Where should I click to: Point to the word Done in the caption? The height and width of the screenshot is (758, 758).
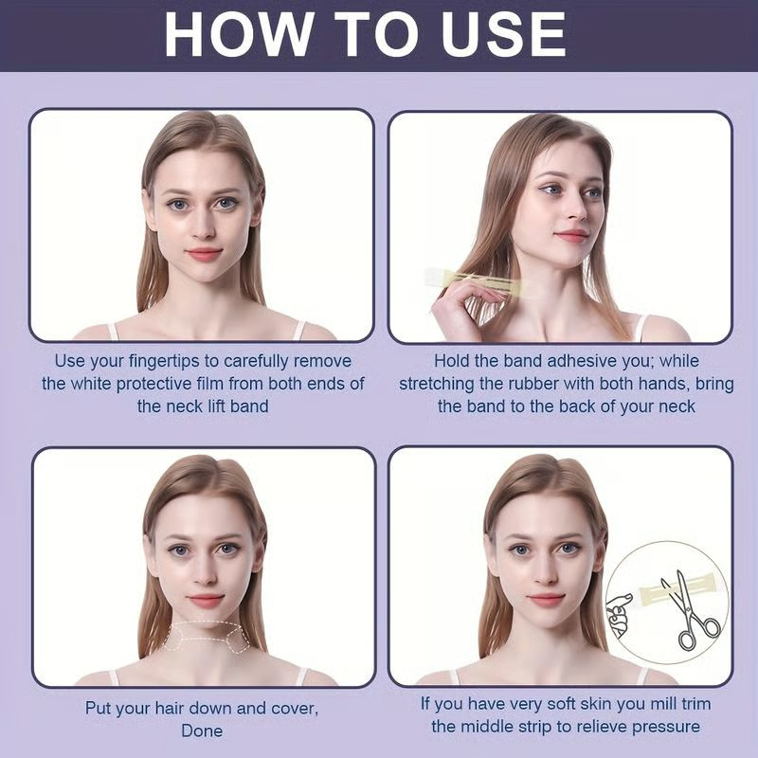click(202, 731)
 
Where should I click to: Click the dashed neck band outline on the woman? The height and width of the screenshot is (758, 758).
click(205, 636)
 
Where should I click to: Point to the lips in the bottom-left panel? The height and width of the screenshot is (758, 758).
click(205, 600)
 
